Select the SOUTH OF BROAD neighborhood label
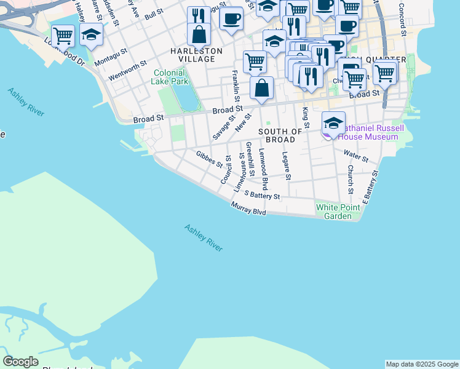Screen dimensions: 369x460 [x=280, y=135]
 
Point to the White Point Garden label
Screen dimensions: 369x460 [x=338, y=212]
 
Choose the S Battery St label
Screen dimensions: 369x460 [x=262, y=196]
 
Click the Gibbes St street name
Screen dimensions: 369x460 [x=209, y=159]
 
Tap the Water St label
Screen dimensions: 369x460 [x=355, y=156]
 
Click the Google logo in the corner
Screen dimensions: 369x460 [x=20, y=362]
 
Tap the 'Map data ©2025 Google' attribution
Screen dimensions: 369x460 [x=422, y=364]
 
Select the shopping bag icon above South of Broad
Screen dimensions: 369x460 [x=262, y=88]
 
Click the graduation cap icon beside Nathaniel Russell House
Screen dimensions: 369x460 [x=333, y=123]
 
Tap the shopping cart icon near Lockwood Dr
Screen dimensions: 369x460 [x=63, y=36]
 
